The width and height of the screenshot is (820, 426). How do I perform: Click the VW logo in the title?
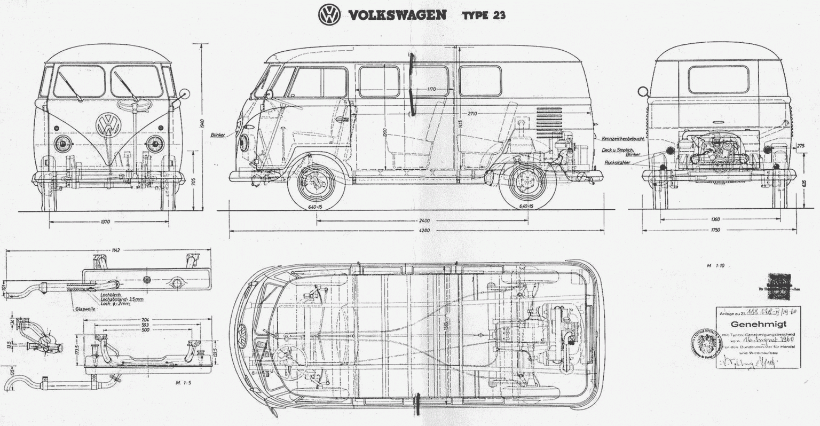click(329, 14)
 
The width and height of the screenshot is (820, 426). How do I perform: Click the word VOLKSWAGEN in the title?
click(397, 14)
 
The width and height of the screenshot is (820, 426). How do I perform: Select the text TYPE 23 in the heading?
click(484, 15)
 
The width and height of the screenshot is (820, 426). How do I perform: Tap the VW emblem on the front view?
click(108, 125)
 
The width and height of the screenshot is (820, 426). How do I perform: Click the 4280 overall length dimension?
click(424, 231)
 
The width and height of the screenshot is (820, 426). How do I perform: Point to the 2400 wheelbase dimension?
click(424, 220)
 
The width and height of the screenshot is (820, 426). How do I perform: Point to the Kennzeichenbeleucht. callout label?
click(623, 138)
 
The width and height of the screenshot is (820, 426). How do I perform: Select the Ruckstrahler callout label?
click(618, 162)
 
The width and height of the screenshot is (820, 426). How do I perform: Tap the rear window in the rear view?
click(718, 80)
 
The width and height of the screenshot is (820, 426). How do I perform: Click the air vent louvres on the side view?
click(549, 122)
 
